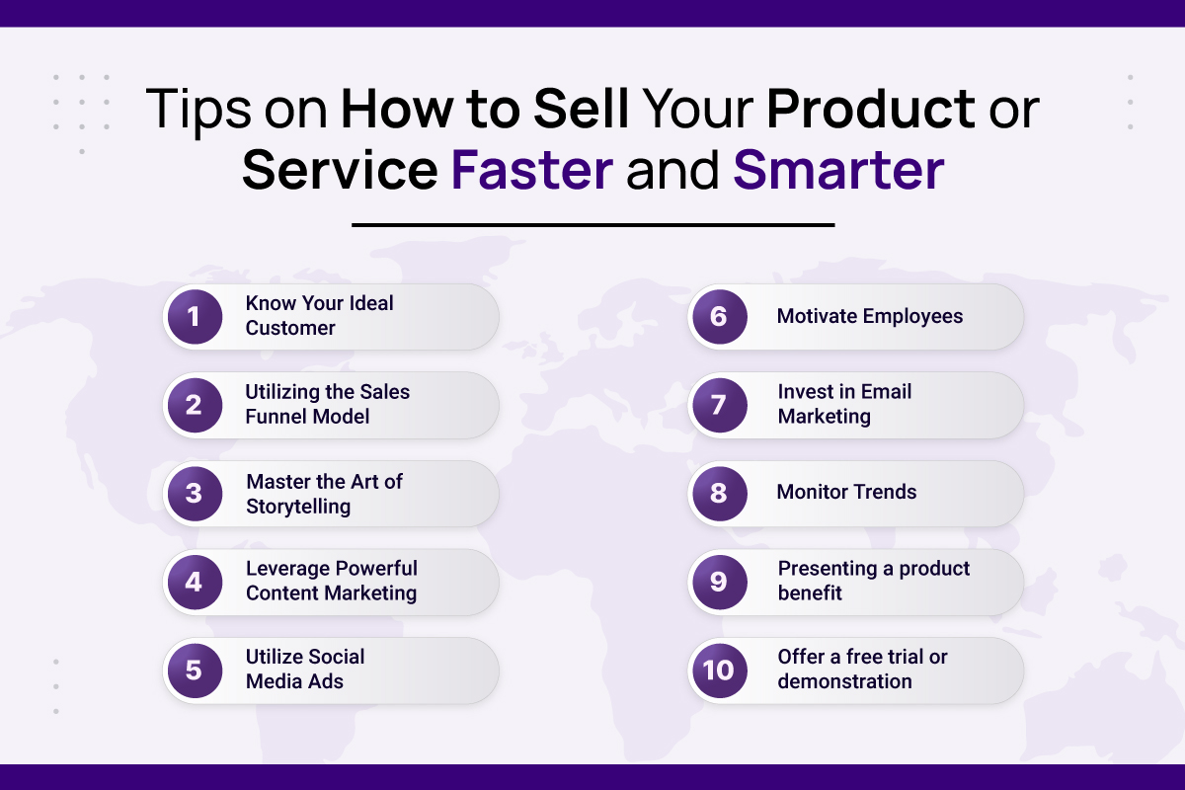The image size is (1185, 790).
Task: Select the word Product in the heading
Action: point(871,109)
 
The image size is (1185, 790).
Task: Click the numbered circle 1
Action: point(195,316)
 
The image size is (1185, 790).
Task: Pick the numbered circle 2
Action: point(195,405)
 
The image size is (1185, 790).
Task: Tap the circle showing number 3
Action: point(195,493)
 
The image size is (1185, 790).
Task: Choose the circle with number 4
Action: point(195,582)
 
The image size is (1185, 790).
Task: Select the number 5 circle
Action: point(195,670)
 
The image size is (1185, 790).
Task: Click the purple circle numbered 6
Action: point(720,316)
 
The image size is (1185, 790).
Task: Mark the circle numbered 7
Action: point(720,405)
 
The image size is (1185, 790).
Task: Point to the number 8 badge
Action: point(720,493)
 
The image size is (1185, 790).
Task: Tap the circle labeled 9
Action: point(720,582)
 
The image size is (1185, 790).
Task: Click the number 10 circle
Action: point(720,670)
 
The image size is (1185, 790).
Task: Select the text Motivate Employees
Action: point(870,316)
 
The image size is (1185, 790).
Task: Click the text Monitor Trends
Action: point(846,492)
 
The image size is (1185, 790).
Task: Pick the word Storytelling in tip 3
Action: point(298,507)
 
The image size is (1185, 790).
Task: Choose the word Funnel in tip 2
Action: point(270,417)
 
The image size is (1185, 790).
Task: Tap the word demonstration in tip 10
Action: point(845,681)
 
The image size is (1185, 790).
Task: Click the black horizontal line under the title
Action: point(593,225)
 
